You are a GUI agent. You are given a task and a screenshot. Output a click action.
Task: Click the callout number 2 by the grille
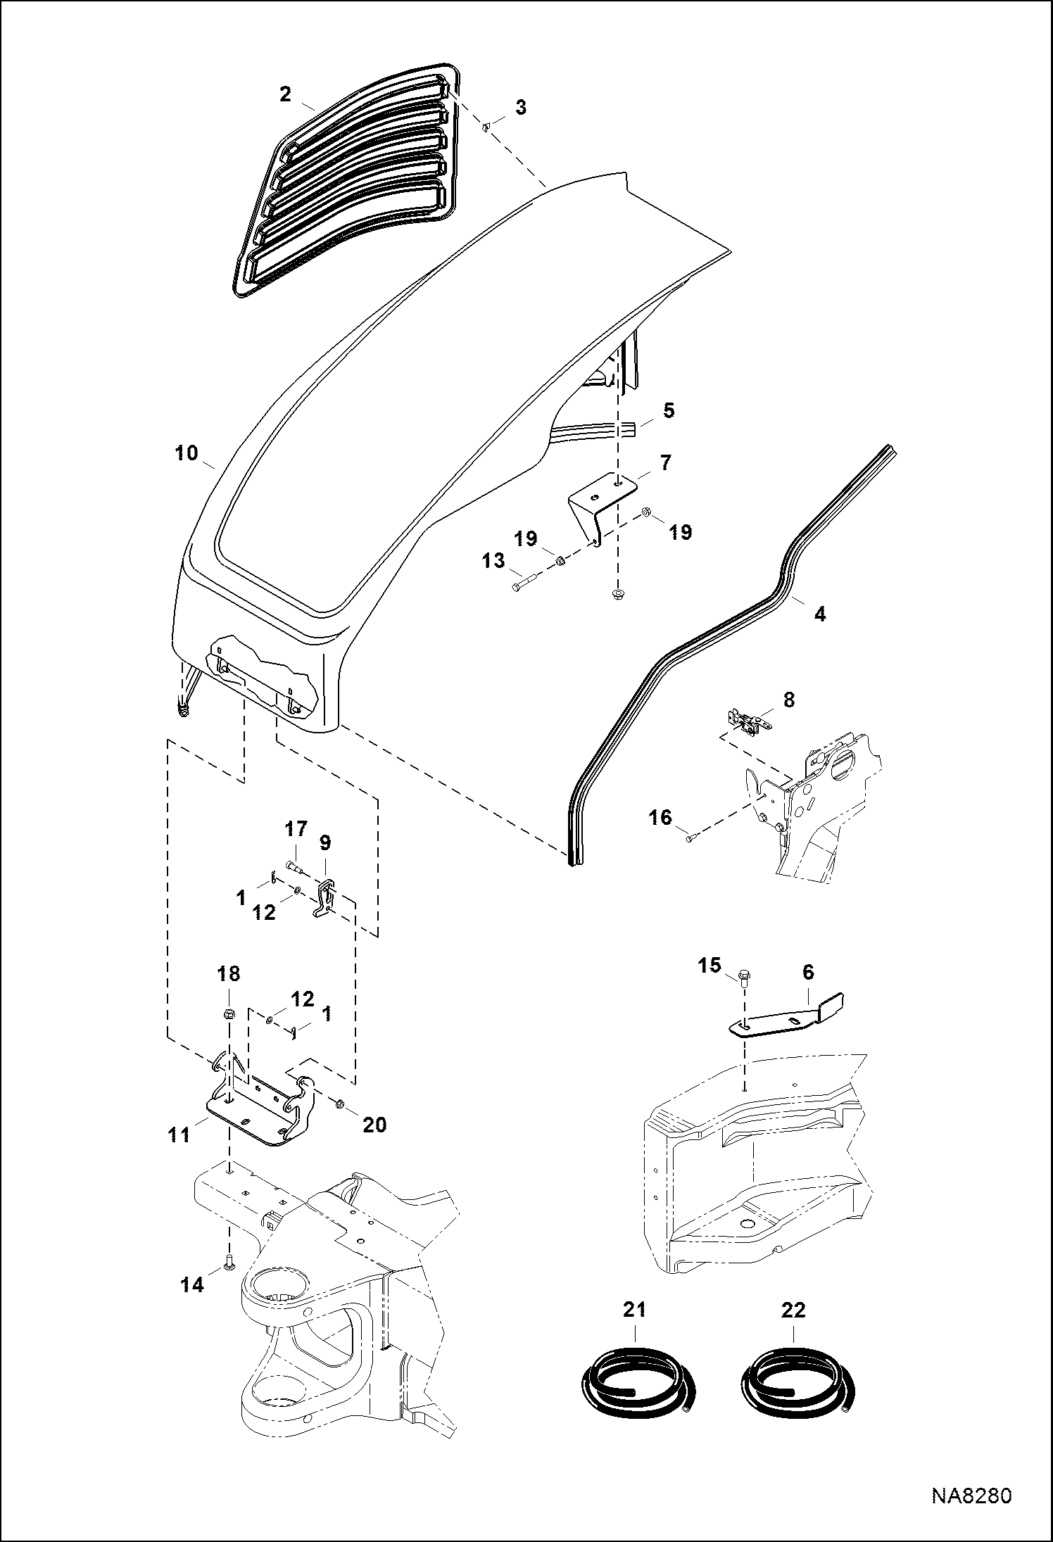pos(284,94)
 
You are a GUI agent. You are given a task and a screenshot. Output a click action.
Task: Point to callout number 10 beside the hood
pos(187,453)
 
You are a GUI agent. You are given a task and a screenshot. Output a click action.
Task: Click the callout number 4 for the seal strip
pos(819,614)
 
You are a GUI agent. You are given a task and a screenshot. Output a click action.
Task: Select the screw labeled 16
pos(691,837)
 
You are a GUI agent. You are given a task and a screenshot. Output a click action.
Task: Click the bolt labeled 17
pos(293,865)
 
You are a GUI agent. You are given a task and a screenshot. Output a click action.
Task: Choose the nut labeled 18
pos(228,1014)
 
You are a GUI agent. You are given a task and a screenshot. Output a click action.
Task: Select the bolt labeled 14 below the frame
pos(228,1265)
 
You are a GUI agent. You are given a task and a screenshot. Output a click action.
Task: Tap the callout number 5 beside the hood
pos(668,410)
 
